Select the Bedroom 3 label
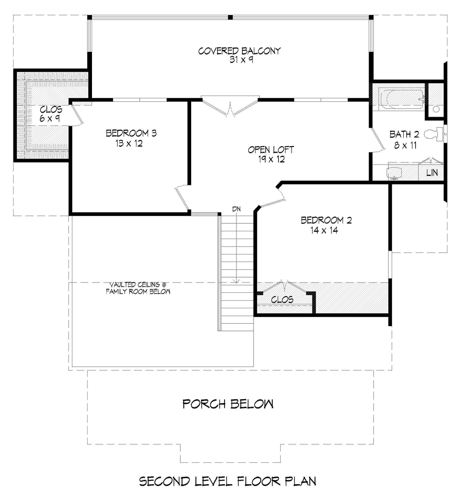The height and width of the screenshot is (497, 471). [x=131, y=133]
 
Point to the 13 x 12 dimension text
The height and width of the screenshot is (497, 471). [x=129, y=144]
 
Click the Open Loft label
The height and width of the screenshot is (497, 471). [x=271, y=150]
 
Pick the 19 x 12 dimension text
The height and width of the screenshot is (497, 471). [x=271, y=159]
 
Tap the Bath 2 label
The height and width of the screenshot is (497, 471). [x=404, y=134]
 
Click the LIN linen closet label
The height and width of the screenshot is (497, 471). [x=432, y=173]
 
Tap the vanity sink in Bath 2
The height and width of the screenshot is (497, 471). [x=394, y=173]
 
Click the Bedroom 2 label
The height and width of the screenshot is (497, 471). [x=326, y=220]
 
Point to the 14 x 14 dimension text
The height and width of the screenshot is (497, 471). [x=324, y=230]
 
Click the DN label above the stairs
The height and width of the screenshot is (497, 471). [x=236, y=209]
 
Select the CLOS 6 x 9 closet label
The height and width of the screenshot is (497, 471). [x=51, y=114]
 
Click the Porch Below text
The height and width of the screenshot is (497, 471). [x=228, y=404]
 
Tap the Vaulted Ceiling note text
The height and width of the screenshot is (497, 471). [x=138, y=288]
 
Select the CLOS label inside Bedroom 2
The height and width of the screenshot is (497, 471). [x=282, y=299]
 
